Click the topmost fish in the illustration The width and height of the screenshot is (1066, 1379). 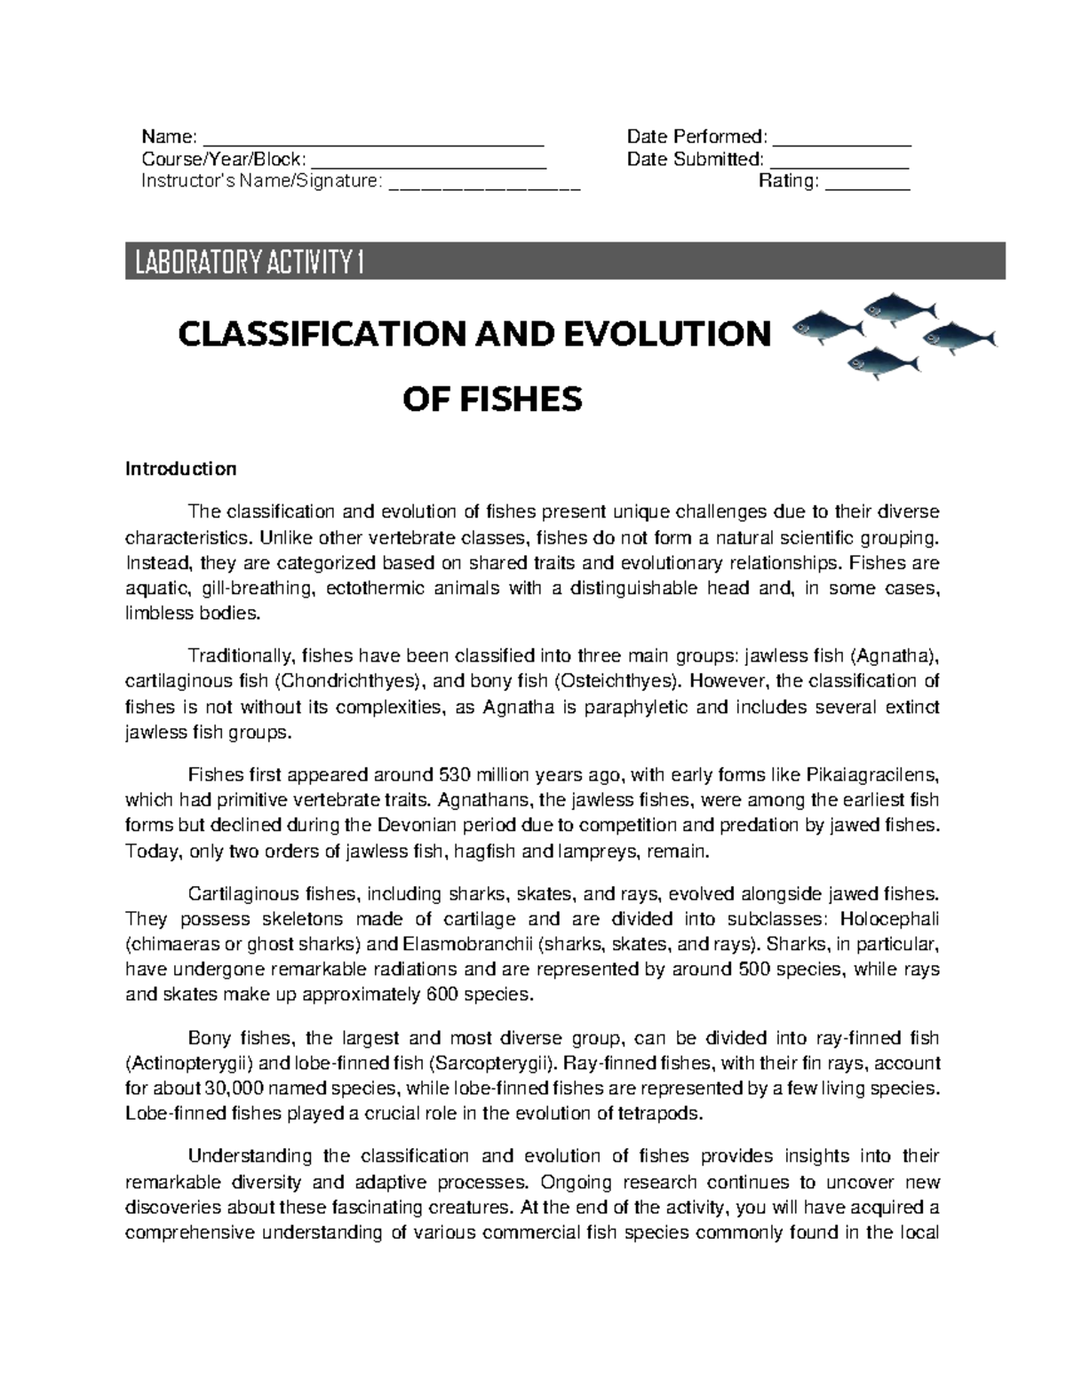pyautogui.click(x=899, y=308)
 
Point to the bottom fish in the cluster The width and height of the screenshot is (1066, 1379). pyautogui.click(x=883, y=361)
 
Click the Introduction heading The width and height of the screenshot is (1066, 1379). pyautogui.click(x=180, y=469)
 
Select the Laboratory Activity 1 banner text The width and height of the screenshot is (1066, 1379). pyautogui.click(x=249, y=264)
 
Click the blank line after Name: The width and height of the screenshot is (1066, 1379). pyautogui.click(x=373, y=138)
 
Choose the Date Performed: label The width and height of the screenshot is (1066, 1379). pyautogui.click(x=696, y=137)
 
